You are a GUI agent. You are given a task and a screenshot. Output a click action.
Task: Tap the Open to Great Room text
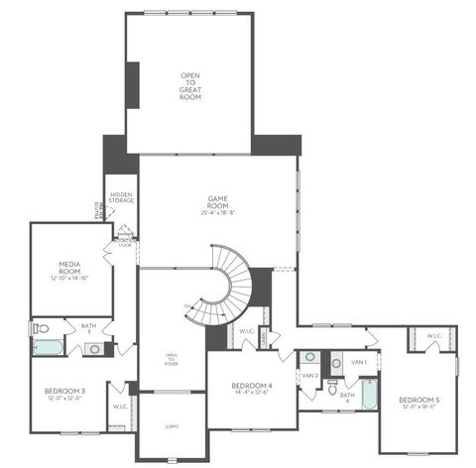[x=190, y=83]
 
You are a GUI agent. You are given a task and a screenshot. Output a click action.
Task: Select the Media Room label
[x=68, y=270]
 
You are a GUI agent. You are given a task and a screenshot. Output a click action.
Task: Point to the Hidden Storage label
[x=122, y=198]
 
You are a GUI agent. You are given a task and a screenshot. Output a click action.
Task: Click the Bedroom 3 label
[x=64, y=392]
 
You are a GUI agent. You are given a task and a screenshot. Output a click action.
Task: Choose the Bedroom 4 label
[x=250, y=388]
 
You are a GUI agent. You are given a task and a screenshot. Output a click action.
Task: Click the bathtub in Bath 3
[x=46, y=348]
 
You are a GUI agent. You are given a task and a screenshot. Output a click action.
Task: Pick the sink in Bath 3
[x=94, y=348]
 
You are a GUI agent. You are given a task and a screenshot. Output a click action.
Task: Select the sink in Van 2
[x=309, y=357]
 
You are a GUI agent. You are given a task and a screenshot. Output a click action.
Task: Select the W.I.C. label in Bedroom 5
[x=433, y=337]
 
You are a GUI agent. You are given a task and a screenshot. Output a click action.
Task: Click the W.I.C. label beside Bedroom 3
[x=119, y=406]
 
